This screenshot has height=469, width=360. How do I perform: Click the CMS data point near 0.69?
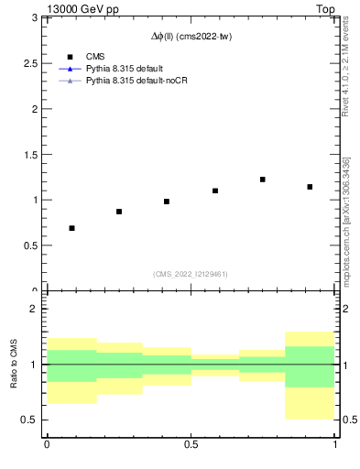[71, 228]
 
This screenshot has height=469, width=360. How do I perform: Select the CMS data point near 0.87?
[119, 212]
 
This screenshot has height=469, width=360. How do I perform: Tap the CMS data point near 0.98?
[167, 202]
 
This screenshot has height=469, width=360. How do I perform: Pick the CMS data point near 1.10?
[215, 191]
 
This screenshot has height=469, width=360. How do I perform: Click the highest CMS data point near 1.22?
[263, 180]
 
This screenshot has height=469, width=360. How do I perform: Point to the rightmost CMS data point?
[311, 187]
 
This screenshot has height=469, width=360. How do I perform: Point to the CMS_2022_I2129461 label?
[191, 274]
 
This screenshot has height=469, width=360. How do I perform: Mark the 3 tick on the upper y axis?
[37, 17]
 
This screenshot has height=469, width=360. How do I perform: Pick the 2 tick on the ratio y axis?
[37, 310]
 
